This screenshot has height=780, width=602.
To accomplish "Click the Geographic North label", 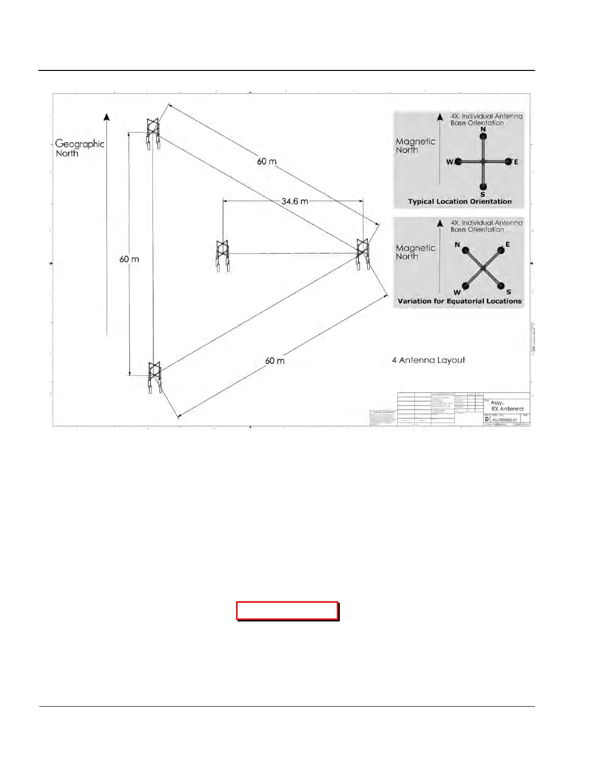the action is pos(79,148).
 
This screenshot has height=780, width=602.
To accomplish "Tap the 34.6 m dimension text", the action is pos(295,201).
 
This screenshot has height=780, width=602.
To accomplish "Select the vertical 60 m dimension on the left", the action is pos(129,259).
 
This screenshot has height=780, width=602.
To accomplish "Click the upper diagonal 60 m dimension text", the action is pos(267,162).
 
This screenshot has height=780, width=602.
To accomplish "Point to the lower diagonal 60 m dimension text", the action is pos(274,361).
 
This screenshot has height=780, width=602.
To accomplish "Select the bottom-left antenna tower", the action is pos(155,377).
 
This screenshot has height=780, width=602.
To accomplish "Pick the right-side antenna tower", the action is pos(363,254).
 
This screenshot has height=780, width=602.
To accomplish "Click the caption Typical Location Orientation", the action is pos(459,201).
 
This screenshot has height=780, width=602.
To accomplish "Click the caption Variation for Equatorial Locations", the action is pos(459,301).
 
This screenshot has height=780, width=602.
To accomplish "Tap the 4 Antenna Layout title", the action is pos(428,360).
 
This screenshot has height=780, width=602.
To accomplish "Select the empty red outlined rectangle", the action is pos(287,611).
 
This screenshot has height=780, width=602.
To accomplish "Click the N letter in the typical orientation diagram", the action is pos(483,130).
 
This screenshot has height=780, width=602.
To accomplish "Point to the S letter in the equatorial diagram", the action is pos(509,292).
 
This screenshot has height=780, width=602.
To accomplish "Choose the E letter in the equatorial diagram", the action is pos(508,244).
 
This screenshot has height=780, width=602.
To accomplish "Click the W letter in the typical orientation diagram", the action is pos(450,162).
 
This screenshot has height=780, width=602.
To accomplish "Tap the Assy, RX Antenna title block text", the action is pos(507,406).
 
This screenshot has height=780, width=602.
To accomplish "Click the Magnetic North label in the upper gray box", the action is pos(416,146).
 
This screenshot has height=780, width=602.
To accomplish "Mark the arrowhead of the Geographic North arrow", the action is pos(107,117).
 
